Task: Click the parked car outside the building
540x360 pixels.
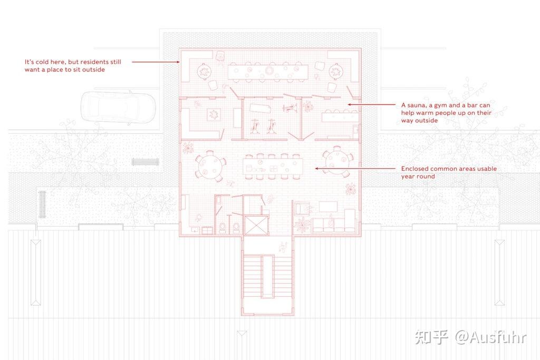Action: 118,108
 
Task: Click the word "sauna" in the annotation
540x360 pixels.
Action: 417,105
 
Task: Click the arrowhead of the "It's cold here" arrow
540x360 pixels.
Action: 178,62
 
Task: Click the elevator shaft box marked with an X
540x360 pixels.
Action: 256,226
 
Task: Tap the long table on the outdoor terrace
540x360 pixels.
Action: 268,72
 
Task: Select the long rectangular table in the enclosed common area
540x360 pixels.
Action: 273,167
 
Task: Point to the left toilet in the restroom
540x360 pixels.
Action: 222,228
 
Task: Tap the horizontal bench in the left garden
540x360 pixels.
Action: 146,162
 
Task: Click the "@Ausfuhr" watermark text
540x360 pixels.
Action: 491,337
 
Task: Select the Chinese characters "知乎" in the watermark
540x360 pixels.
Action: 431,337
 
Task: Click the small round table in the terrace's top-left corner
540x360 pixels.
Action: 204,72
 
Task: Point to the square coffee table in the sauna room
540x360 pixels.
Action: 213,114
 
